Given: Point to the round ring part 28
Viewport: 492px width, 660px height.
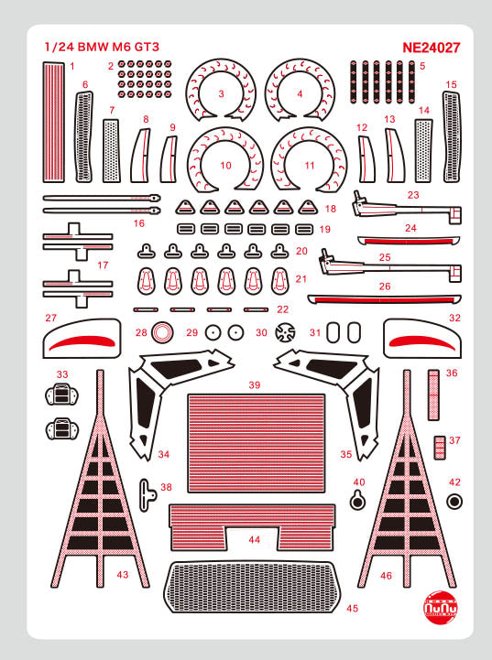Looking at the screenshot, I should (x=163, y=332).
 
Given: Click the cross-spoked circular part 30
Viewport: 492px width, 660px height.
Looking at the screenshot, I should (x=286, y=333).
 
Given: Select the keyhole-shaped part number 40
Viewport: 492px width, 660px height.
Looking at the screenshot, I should (x=359, y=499).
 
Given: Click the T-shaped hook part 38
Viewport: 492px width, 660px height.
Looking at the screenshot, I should (x=148, y=492).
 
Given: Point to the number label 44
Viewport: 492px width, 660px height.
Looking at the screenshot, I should (x=254, y=540).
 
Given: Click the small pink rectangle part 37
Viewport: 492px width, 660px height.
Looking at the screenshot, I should (x=439, y=447).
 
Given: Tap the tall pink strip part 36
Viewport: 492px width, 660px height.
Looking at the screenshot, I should (x=436, y=394).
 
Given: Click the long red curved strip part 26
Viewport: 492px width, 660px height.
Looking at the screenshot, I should (x=386, y=298).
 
